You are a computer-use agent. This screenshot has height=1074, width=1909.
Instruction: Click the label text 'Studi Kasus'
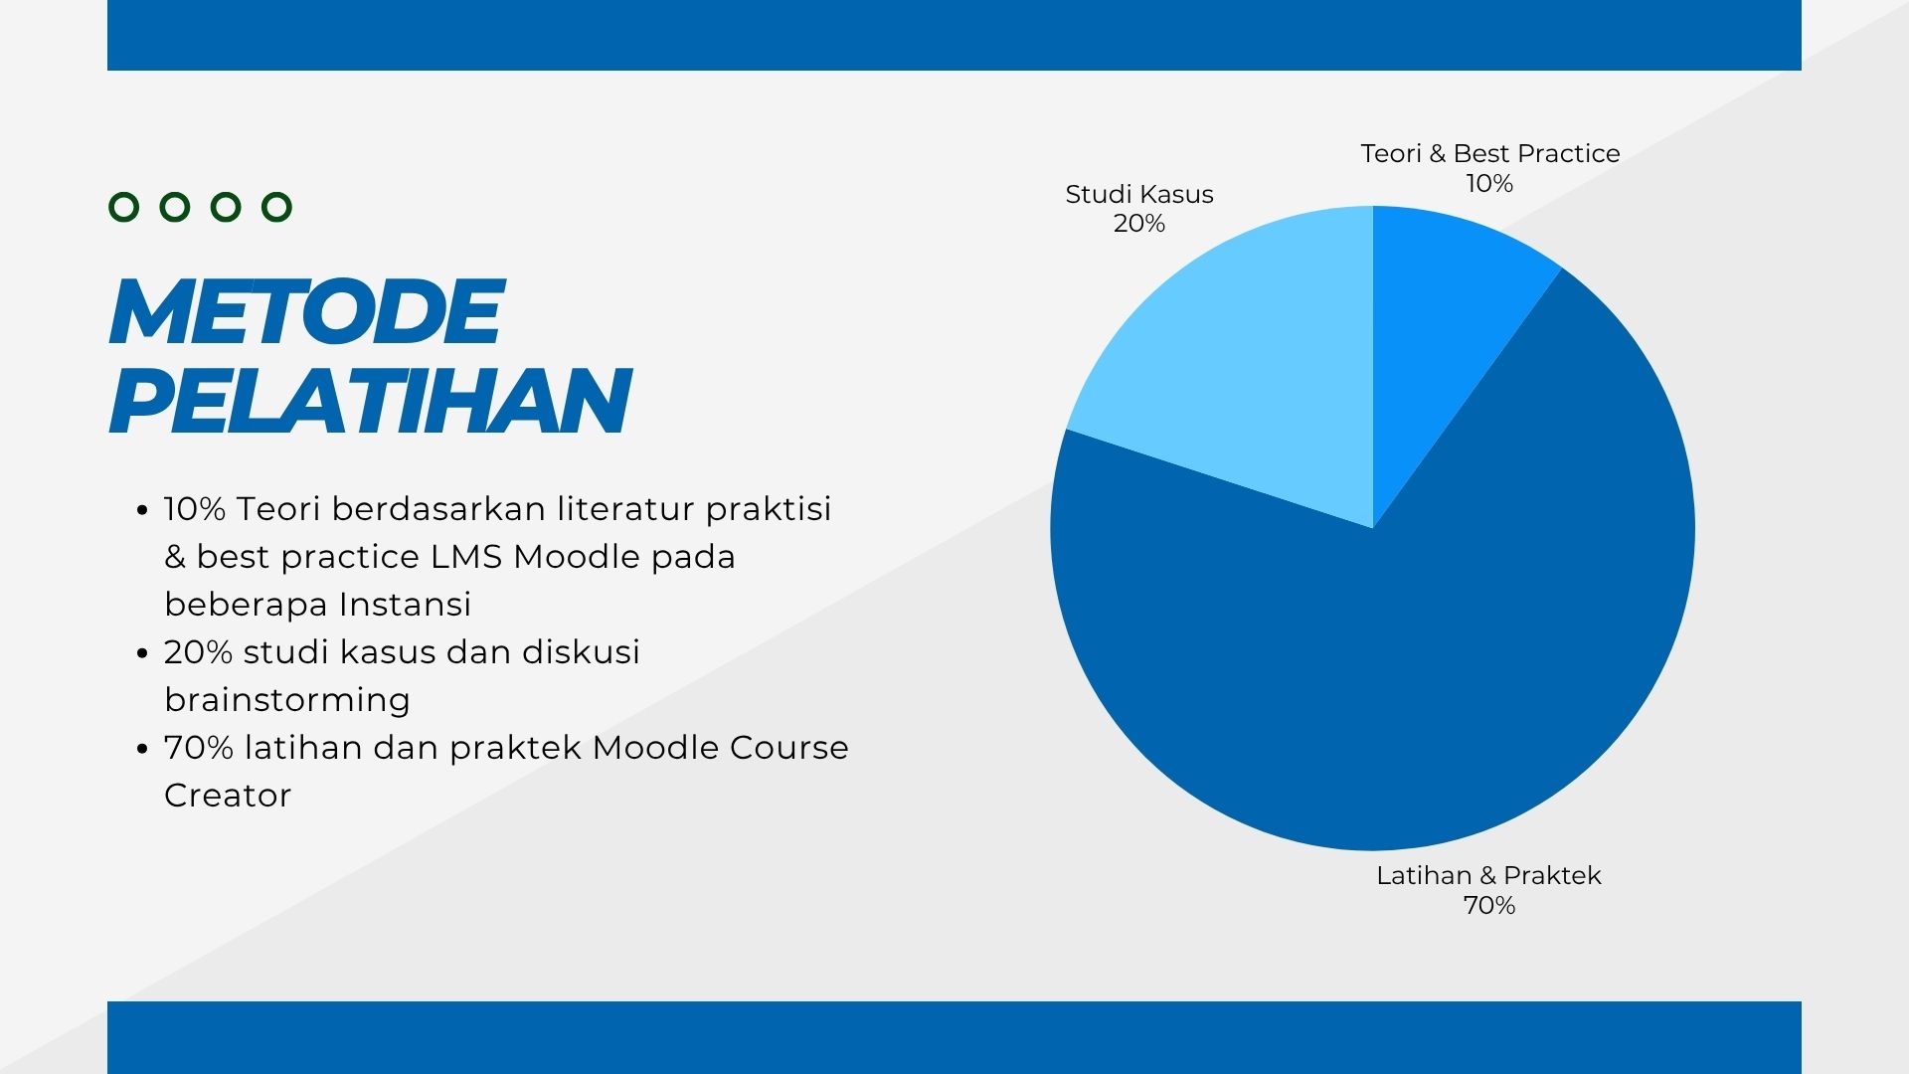pos(1139,194)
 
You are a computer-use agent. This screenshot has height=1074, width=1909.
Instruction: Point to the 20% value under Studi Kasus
pos(1139,223)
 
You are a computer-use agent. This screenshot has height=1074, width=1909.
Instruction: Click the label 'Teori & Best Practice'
pos(1490,153)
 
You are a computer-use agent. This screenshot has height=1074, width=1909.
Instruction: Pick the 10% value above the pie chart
pos(1489,183)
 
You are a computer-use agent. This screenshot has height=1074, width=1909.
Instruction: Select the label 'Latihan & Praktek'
pos(1488,875)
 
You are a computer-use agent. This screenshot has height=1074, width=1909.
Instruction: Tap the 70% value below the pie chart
pos(1489,905)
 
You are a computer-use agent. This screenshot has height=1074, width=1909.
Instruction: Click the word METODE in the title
pos(306,311)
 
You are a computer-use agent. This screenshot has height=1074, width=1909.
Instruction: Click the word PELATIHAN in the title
pos(370,400)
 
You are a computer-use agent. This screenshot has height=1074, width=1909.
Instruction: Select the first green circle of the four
pos(123,207)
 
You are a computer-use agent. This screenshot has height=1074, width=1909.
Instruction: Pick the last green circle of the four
pos(276,207)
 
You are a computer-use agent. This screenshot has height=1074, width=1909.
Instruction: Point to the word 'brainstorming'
pos(287,700)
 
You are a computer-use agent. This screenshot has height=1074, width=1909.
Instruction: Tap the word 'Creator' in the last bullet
pos(228,796)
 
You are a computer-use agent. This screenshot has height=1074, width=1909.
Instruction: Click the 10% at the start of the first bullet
pos(195,509)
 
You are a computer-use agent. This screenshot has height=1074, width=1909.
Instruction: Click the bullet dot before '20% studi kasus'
pos(142,653)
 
